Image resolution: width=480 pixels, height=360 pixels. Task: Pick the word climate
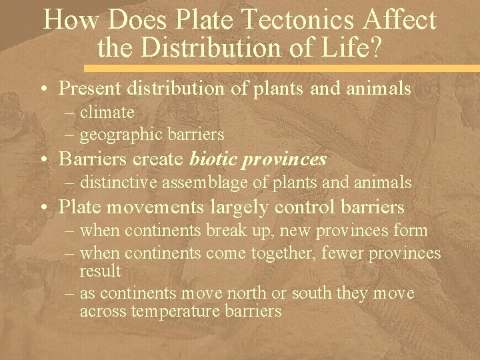pyautogui.click(x=107, y=112)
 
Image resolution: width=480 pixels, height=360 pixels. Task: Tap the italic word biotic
pyautogui.click(x=211, y=159)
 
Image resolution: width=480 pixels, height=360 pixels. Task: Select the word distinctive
pyautogui.click(x=117, y=182)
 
